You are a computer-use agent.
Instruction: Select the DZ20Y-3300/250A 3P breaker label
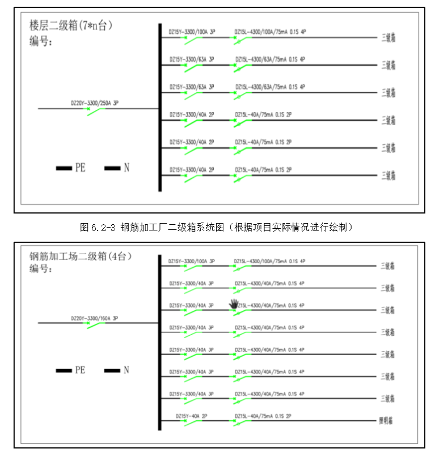pos(95,103)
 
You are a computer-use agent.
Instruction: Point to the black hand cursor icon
pos(234,305)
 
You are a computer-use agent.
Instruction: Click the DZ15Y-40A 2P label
pos(191,416)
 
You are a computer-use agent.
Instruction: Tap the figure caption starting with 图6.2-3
pos(218,228)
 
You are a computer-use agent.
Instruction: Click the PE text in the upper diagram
pos(80,168)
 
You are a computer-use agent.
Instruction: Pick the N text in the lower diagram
pos(126,370)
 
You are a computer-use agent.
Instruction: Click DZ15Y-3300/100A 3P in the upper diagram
pos(192,32)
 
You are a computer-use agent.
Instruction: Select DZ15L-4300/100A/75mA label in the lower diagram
pos(269,262)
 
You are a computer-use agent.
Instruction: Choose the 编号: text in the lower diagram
pos(41,269)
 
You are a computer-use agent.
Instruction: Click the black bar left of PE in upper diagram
pos(63,168)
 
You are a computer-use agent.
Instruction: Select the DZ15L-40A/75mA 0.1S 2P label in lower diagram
pos(263,416)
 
